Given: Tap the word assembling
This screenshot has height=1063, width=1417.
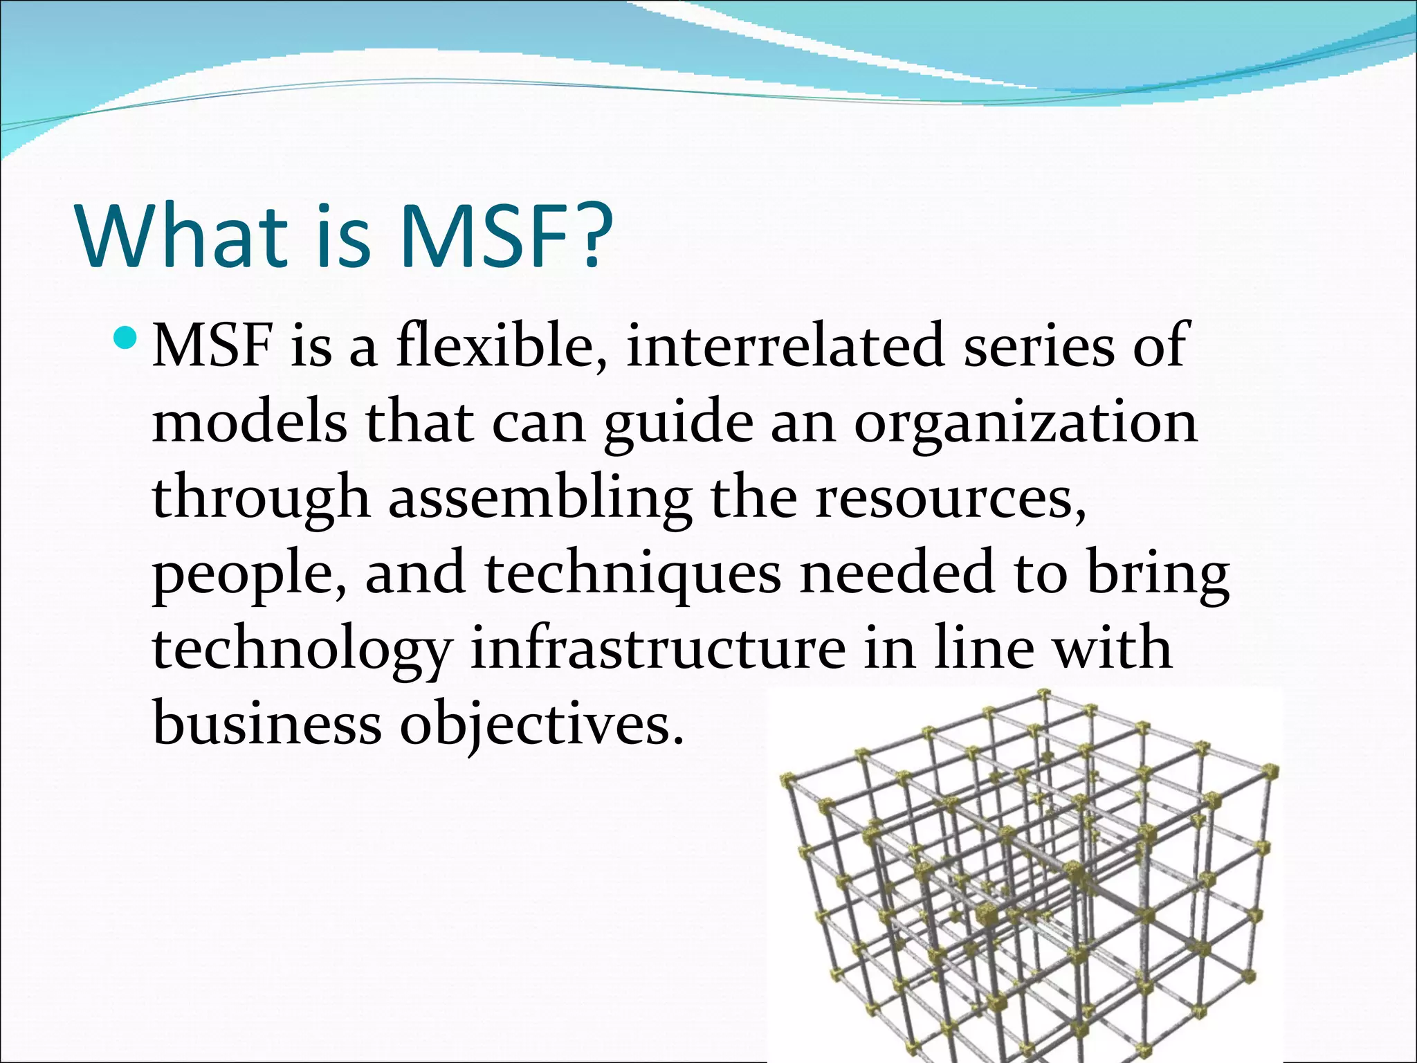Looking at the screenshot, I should tap(540, 498).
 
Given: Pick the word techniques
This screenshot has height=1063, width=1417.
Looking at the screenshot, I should tap(632, 574).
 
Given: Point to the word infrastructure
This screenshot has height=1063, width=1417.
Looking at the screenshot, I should tap(657, 648).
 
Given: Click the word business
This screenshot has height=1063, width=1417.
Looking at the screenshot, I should tap(266, 723).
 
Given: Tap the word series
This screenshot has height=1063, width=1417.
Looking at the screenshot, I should tap(1039, 346).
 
